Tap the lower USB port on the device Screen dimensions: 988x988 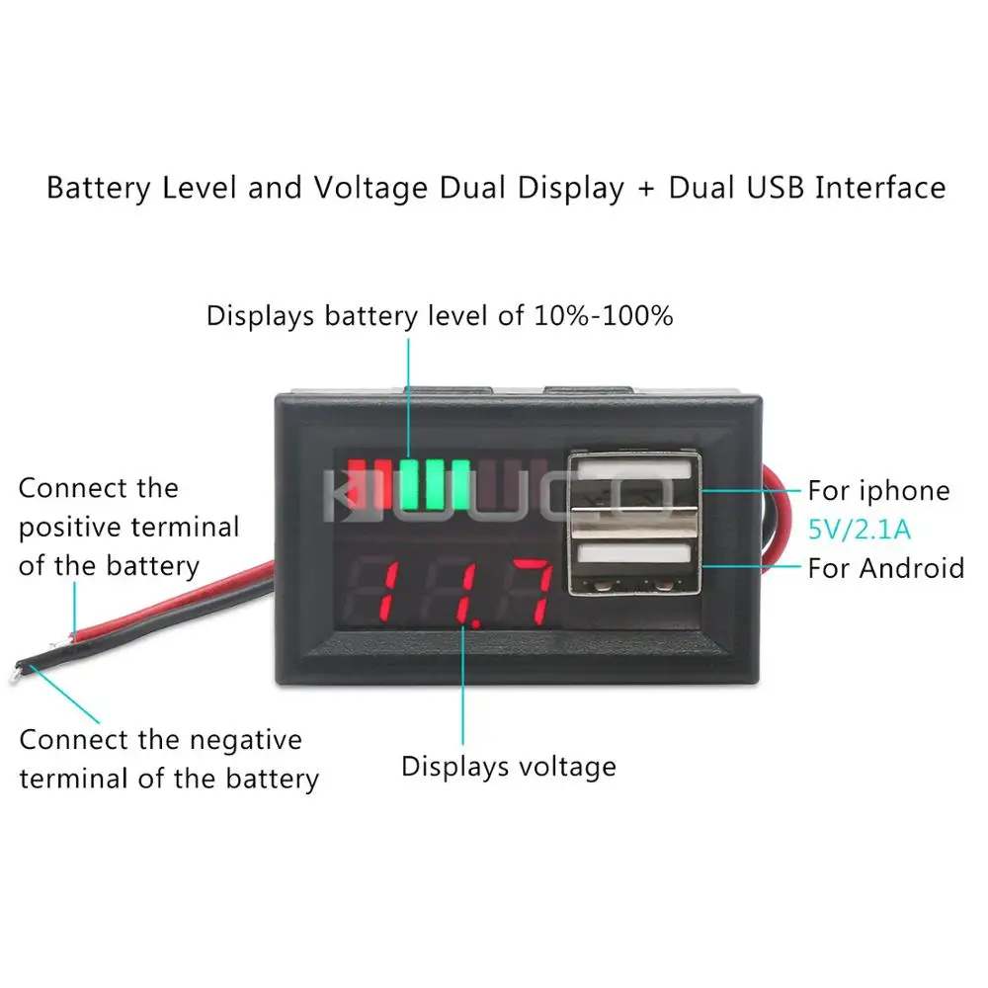(633, 565)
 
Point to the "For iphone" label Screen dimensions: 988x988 (878, 491)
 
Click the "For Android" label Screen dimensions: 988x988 (885, 568)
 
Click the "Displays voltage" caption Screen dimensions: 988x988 (508, 766)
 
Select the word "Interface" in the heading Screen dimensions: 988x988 (879, 188)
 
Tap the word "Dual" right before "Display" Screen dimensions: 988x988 (474, 188)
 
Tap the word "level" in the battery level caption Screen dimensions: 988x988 (469, 316)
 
